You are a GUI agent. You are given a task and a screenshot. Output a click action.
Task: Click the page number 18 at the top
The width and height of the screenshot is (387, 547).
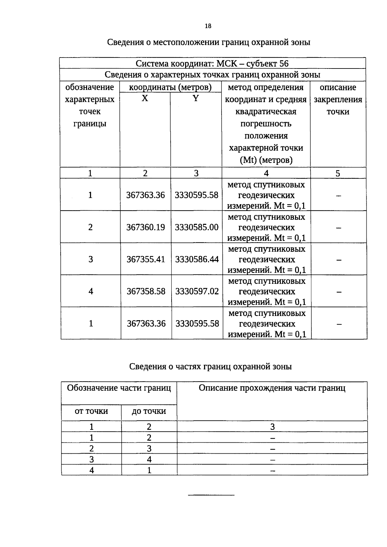[x=208, y=26]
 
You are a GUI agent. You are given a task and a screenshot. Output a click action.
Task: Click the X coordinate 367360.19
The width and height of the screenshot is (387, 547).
[x=145, y=227]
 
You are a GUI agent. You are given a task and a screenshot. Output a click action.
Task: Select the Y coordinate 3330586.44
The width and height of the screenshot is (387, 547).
[x=197, y=259]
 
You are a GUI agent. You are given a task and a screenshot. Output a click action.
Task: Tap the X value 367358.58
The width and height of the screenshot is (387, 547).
[x=146, y=291]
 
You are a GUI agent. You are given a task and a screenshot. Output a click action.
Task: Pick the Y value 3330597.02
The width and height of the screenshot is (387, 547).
[x=197, y=291]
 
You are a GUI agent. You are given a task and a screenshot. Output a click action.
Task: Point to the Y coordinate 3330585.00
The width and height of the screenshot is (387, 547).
[x=197, y=227]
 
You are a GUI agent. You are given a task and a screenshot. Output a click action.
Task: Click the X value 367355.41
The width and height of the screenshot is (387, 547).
[x=146, y=259]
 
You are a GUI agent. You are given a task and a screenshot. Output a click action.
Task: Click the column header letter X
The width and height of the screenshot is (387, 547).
[x=145, y=98]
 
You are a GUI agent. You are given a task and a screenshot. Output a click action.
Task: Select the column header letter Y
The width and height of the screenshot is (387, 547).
[x=196, y=98]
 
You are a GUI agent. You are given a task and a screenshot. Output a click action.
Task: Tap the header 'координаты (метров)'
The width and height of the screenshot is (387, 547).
[x=170, y=87]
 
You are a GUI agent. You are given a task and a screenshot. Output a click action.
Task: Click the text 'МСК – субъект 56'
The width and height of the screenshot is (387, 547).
[x=253, y=63]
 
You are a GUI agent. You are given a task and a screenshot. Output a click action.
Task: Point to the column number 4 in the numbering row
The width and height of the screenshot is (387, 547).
[x=266, y=174]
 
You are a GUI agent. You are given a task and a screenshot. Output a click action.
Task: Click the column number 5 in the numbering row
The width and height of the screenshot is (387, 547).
[x=338, y=174]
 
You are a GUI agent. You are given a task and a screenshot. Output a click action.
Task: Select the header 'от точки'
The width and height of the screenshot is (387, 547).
[x=91, y=411]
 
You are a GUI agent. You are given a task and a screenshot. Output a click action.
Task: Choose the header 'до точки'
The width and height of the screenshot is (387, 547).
[x=149, y=411]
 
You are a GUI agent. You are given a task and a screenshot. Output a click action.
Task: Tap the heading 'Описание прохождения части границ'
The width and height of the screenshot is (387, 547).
[x=272, y=388]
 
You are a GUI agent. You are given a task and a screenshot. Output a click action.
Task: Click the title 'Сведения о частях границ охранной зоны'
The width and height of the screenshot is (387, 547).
[x=210, y=366]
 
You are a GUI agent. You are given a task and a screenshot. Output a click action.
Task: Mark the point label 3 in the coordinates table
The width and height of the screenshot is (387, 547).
[x=91, y=259]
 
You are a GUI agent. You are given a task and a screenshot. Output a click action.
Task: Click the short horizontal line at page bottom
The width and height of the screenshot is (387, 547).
[x=211, y=495]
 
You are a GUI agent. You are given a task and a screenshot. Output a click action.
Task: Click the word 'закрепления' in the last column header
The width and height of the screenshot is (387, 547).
[x=338, y=100]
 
